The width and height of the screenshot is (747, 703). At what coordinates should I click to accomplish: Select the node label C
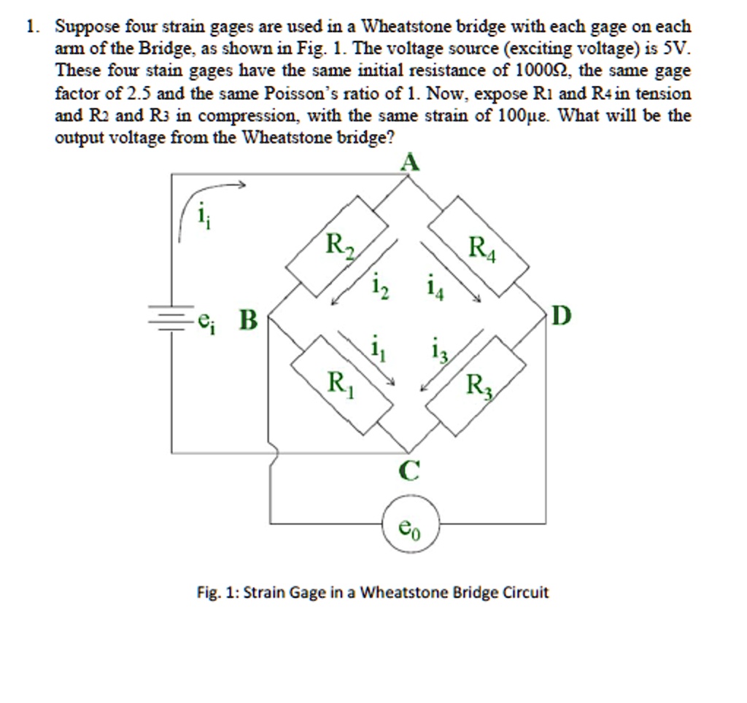[410, 473]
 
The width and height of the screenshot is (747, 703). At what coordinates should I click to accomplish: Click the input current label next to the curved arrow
[202, 216]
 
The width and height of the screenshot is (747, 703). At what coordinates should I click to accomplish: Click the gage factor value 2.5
[139, 93]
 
